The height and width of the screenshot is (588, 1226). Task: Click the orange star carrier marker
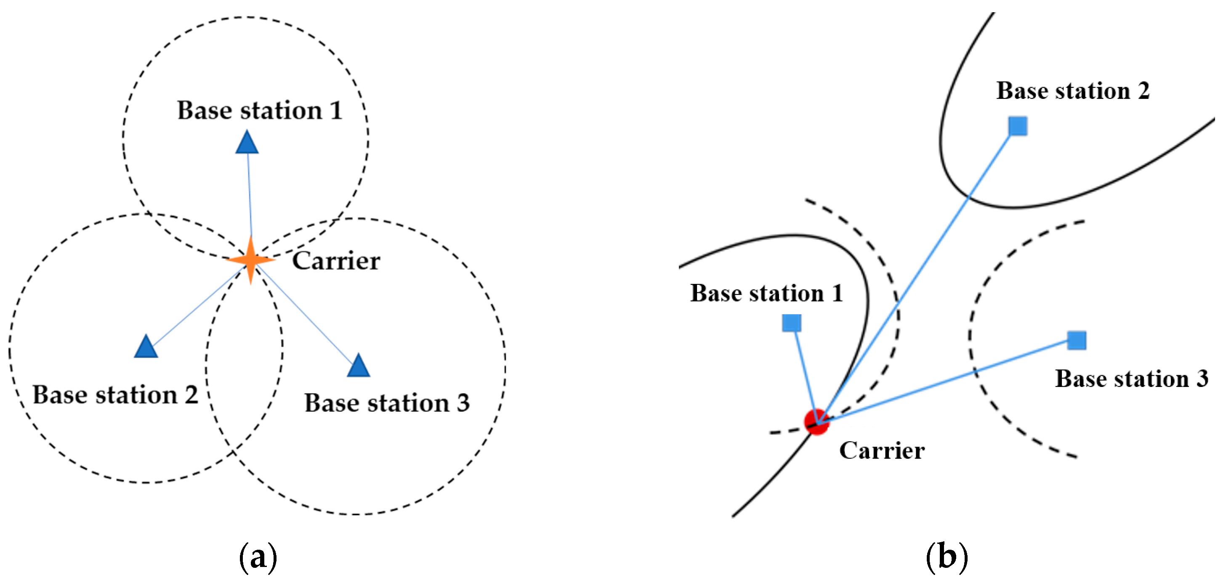(250, 260)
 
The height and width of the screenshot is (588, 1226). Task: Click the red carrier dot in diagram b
(816, 421)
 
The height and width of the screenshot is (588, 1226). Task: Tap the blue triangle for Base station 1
(247, 143)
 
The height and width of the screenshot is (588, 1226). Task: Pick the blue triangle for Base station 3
(359, 366)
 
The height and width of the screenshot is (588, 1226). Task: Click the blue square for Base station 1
(792, 323)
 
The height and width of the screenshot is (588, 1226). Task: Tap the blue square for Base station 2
(1018, 126)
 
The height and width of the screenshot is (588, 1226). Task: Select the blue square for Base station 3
(1077, 340)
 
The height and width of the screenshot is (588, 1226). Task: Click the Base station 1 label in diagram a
(260, 110)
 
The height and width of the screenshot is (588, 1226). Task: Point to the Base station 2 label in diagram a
(115, 395)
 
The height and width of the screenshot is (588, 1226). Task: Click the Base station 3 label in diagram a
(387, 403)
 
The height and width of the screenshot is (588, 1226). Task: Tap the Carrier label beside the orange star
(336, 261)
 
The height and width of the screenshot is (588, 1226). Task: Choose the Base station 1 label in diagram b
(767, 293)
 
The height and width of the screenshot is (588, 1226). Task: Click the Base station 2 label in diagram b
(1073, 90)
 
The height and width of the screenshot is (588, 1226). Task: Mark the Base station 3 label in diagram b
(1132, 379)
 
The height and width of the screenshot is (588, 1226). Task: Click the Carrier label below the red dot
(882, 450)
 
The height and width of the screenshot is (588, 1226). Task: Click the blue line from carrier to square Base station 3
(947, 381)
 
